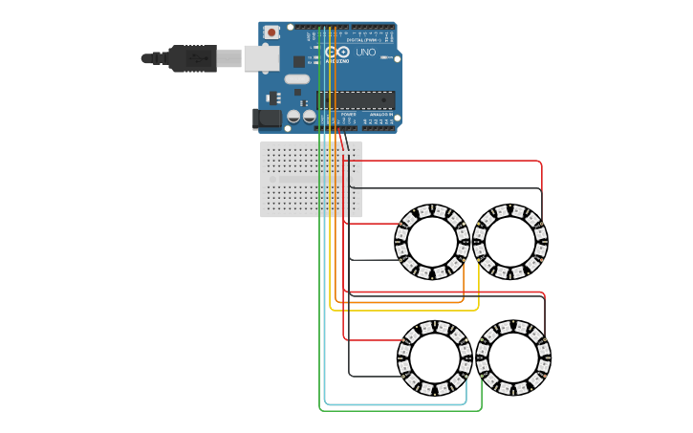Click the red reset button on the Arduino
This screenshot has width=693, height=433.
pyautogui.click(x=271, y=32)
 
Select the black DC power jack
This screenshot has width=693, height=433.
pyautogui.click(x=267, y=119)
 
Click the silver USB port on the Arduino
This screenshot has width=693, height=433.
pyautogui.click(x=260, y=58)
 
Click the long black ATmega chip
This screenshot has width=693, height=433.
pyautogui.click(x=357, y=99)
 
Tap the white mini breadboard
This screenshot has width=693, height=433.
pyautogui.click(x=311, y=180)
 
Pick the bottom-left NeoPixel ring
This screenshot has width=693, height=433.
pyautogui.click(x=434, y=358)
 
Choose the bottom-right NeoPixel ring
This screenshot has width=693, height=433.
pyautogui.click(x=513, y=358)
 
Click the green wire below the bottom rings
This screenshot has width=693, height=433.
pyautogui.click(x=401, y=411)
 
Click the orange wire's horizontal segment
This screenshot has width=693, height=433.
pyautogui.click(x=401, y=303)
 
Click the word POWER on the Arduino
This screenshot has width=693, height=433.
pyautogui.click(x=348, y=114)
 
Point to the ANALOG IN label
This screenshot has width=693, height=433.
pyautogui.click(x=379, y=114)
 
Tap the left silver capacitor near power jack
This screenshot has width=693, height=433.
pyautogui.click(x=293, y=117)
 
